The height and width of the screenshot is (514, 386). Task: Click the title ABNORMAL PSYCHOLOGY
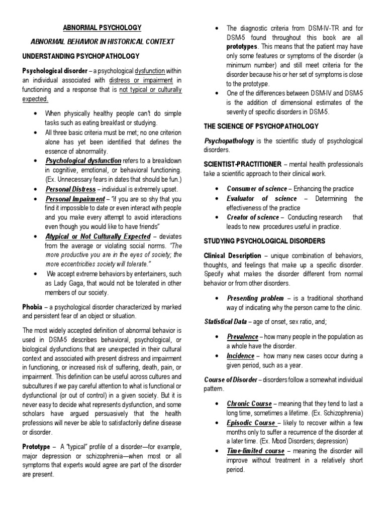(x=102, y=28)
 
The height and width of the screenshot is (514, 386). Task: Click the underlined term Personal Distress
(x=70, y=189)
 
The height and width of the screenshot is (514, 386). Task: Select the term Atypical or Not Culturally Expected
(x=98, y=236)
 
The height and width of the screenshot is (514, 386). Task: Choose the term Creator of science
(x=252, y=217)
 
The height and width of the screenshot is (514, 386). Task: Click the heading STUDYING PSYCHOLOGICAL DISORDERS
(x=264, y=241)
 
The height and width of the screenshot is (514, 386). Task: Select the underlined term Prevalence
(x=242, y=336)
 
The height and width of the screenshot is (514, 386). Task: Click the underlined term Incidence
(x=241, y=355)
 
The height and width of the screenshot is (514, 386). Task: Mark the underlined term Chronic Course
(x=249, y=403)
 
